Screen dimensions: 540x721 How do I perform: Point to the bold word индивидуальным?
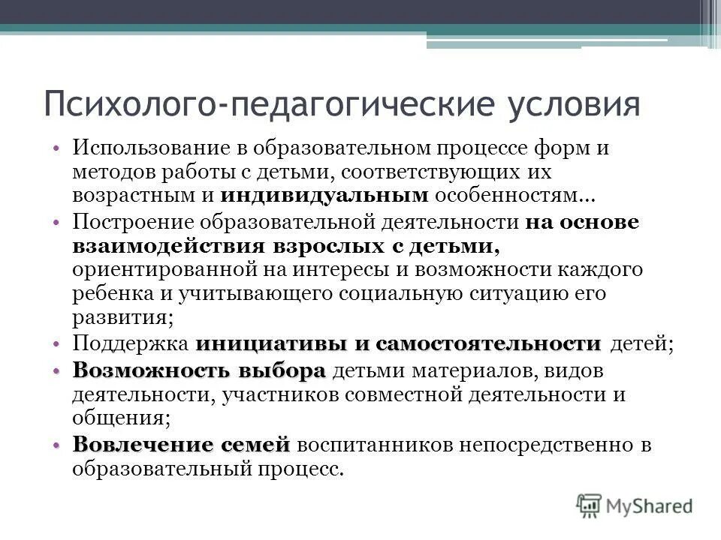tap(324, 196)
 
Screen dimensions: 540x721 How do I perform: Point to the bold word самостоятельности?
tap(489, 344)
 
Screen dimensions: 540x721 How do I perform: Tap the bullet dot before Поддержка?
tap(57, 345)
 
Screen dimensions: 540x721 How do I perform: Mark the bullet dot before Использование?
tap(57, 148)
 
